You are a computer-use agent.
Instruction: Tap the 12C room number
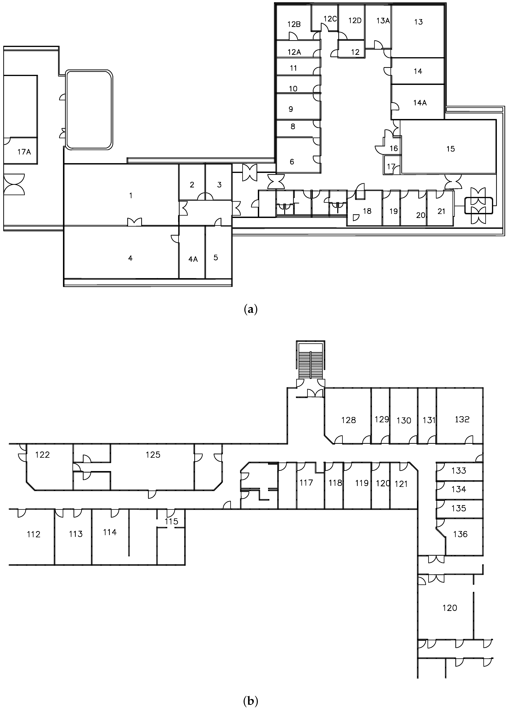(x=330, y=19)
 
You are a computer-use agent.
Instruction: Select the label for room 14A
(x=420, y=103)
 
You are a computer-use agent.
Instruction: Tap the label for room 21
(x=441, y=212)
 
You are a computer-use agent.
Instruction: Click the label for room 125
(x=153, y=455)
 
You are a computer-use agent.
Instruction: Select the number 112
(x=33, y=534)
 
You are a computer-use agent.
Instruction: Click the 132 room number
(x=462, y=419)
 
